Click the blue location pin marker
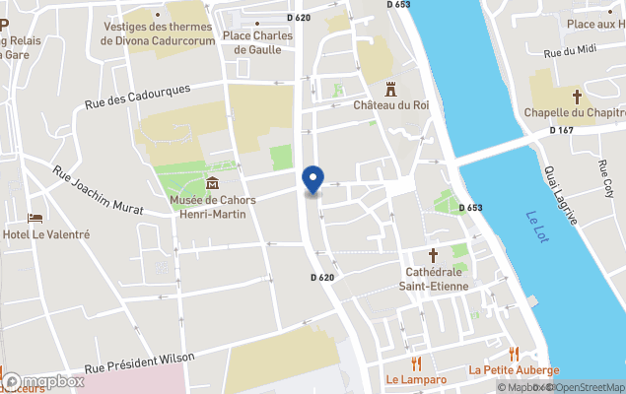pyautogui.click(x=313, y=179)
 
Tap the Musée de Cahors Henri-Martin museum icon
pyautogui.click(x=212, y=182)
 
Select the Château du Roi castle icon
pyautogui.click(x=391, y=88)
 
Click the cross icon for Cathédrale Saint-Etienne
pyautogui.click(x=432, y=254)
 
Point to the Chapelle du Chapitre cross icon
pyautogui.click(x=579, y=97)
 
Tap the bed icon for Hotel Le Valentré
pyautogui.click(x=35, y=218)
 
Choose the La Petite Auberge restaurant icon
pyautogui.click(x=514, y=354)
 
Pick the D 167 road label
pyautogui.click(x=561, y=130)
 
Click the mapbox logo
pyautogui.click(x=43, y=381)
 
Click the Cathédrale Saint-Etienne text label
pyautogui.click(x=433, y=279)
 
